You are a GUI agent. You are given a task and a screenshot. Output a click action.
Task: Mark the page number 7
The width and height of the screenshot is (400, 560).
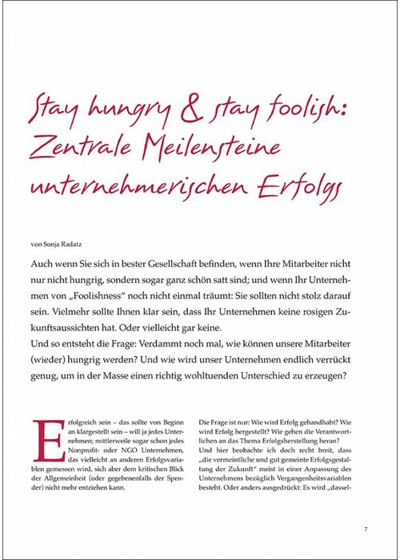(366, 528)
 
